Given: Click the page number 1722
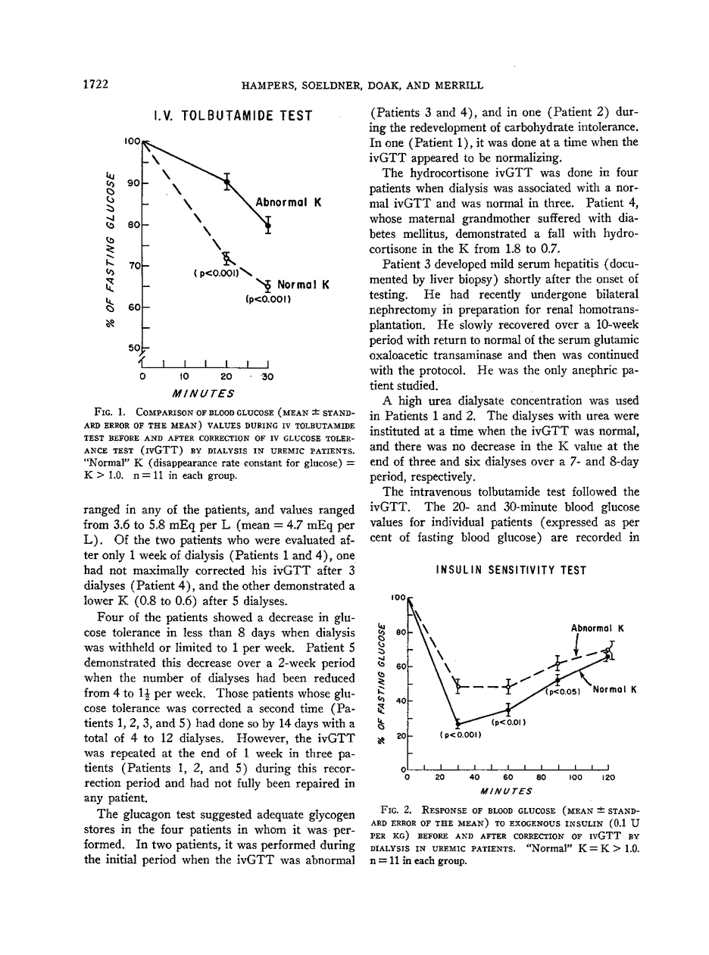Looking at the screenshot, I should (96, 86).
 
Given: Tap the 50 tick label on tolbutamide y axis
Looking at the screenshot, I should (133, 348).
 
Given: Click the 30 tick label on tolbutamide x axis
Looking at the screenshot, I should (266, 376).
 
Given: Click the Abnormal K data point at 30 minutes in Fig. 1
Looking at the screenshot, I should (267, 224).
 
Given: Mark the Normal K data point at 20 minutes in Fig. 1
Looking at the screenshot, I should (226, 258).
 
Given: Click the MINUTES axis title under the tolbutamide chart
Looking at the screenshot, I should (204, 393).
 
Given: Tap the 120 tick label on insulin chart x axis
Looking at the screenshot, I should (608, 778).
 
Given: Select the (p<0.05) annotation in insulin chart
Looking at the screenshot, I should (561, 691).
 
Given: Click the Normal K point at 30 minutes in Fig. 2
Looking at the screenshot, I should (458, 724).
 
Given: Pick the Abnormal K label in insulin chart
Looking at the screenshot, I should (597, 628).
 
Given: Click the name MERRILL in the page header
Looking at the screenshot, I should (457, 86).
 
